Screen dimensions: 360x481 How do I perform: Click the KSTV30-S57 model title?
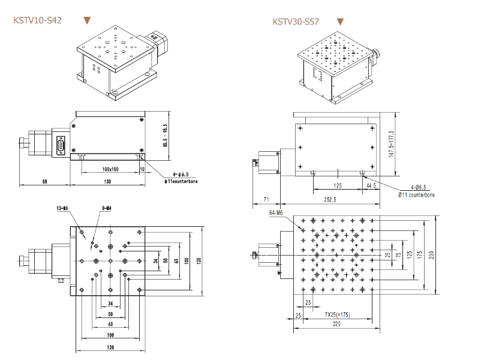(296, 22)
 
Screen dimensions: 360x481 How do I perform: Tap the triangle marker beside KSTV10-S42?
(88, 20)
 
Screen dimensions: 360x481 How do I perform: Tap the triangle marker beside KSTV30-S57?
(340, 22)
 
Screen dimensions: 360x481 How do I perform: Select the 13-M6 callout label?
(62, 208)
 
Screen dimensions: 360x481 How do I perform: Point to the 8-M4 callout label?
(107, 208)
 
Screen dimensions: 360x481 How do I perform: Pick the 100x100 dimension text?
(110, 169)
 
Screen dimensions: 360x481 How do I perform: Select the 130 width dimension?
(107, 181)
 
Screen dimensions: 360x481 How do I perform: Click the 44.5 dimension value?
(371, 186)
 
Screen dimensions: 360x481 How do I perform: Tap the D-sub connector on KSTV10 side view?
(61, 146)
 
